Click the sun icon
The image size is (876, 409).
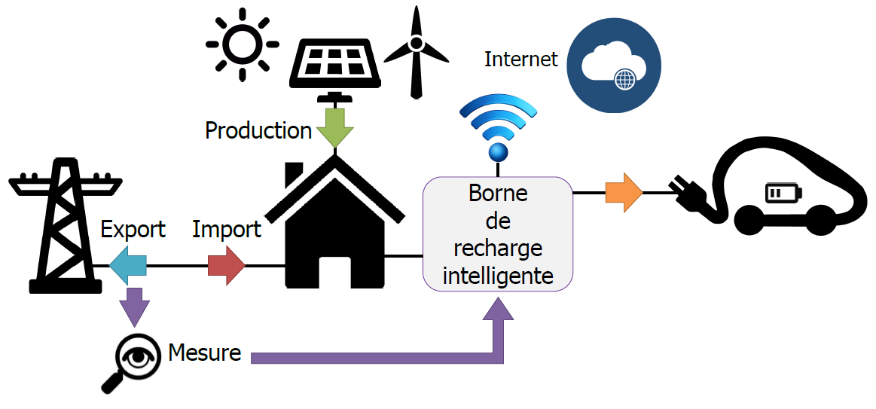[242, 44]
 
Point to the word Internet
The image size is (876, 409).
[520, 60]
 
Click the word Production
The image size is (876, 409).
[258, 130]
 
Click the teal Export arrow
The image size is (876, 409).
[127, 265]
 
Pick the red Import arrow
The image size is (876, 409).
[227, 265]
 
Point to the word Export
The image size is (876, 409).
[133, 229]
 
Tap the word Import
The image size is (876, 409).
[227, 229]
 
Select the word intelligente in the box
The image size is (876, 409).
[498, 276]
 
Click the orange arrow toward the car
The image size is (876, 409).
[624, 193]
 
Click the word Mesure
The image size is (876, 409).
[205, 352]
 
